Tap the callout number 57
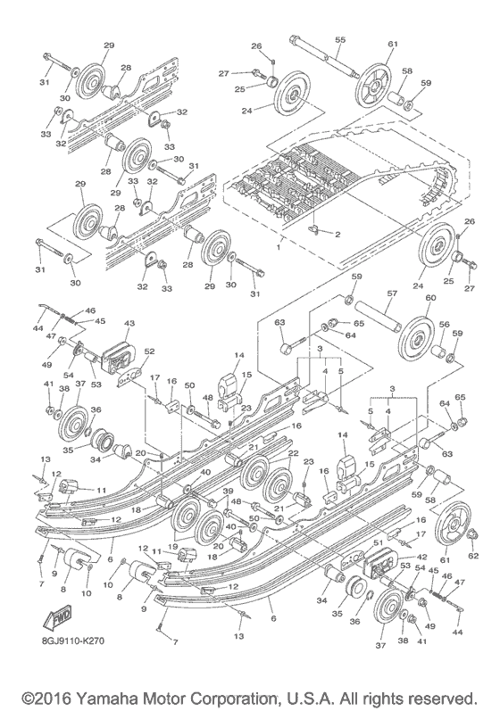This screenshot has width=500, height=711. (x=390, y=293)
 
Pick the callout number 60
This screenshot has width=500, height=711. (x=430, y=299)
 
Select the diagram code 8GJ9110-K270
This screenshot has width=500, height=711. (x=66, y=641)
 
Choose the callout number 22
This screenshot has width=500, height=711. (x=291, y=454)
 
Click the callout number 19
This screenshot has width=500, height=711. (x=173, y=547)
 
